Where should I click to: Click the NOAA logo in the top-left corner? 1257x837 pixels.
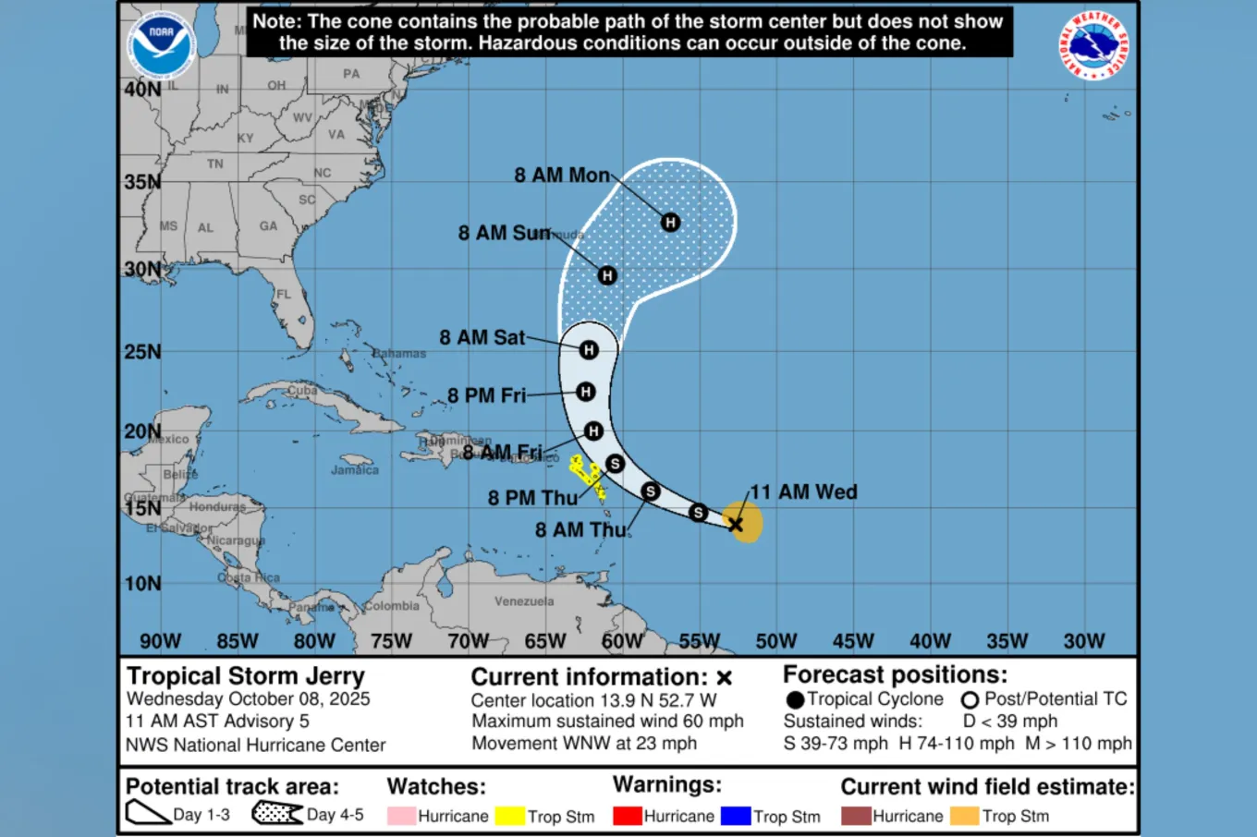click(161, 44)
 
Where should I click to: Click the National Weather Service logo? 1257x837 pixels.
click(1093, 45)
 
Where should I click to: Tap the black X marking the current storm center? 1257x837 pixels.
click(736, 525)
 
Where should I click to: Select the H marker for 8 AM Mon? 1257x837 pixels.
click(670, 223)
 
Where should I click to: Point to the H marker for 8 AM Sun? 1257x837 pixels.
click(607, 275)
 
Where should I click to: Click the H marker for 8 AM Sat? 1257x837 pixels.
click(589, 350)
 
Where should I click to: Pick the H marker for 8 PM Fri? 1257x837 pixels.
click(585, 392)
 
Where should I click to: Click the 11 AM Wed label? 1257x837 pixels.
click(803, 492)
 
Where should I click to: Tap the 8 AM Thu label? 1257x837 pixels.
click(580, 530)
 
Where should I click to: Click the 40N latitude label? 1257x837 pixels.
click(142, 90)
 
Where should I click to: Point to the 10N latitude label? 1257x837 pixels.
click(142, 584)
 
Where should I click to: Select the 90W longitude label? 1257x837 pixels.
click(160, 641)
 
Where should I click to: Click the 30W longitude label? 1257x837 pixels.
click(1083, 641)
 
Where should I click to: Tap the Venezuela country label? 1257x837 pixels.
click(524, 601)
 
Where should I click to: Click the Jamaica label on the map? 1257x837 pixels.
click(355, 470)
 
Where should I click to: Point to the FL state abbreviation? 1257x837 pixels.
click(284, 295)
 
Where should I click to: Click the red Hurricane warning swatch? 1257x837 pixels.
click(628, 816)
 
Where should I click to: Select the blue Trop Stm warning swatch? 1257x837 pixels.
click(736, 816)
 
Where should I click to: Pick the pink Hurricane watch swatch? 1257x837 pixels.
click(401, 816)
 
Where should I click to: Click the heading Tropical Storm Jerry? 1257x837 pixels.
click(246, 676)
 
